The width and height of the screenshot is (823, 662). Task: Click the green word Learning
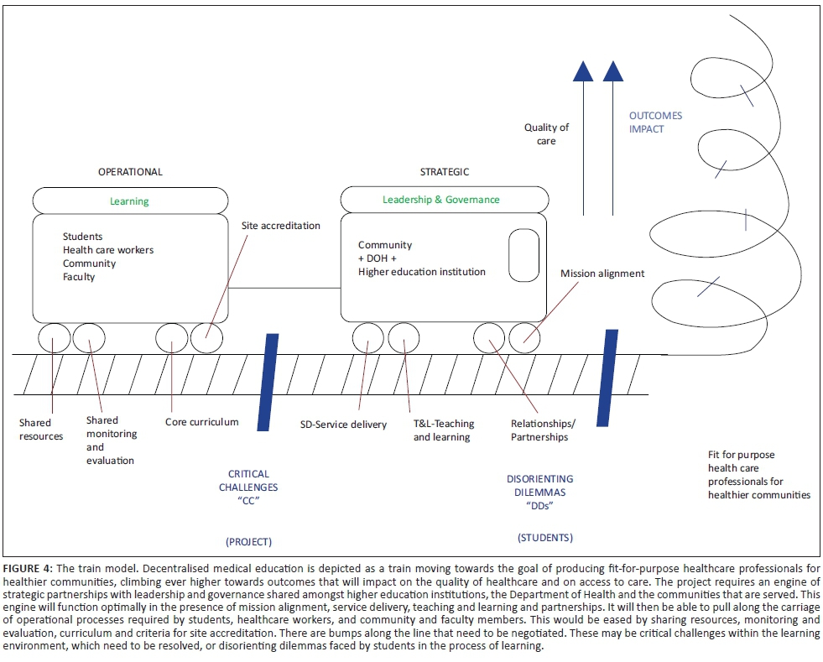coord(129,201)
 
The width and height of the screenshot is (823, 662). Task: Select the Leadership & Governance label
coord(440,200)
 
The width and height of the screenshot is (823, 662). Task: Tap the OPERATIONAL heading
coord(130,172)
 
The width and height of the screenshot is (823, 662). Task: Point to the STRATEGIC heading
coord(445,172)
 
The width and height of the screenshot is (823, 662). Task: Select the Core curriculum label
coord(201,422)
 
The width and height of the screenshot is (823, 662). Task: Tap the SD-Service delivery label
coord(343,425)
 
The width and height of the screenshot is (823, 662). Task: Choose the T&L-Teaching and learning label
coord(442,430)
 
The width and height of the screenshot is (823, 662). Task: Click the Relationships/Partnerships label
coord(539,430)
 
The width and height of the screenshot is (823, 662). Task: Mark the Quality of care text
coord(546,134)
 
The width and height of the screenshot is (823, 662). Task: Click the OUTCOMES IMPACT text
coord(655,122)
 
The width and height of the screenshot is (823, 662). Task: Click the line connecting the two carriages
coord(284,289)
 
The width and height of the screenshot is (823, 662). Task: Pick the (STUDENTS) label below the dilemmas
coord(545,537)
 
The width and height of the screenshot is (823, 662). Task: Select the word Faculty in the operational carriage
coord(79,277)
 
